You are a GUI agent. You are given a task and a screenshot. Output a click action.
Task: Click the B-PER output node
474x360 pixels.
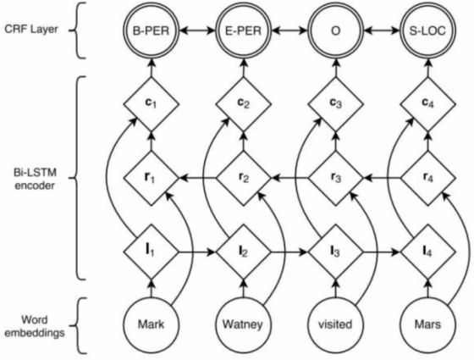pyautogui.click(x=152, y=30)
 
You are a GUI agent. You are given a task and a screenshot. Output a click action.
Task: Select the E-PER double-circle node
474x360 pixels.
pyautogui.click(x=244, y=30)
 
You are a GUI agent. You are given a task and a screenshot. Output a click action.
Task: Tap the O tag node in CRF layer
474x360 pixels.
pyautogui.click(x=335, y=30)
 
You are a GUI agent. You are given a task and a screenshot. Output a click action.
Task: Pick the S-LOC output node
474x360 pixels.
pyautogui.click(x=427, y=30)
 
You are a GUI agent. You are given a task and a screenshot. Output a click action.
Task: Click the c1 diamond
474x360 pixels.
pyautogui.click(x=152, y=104)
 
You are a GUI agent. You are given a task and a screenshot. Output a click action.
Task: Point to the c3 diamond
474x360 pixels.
pyautogui.click(x=335, y=104)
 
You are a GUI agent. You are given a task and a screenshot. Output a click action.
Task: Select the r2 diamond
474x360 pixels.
pyautogui.click(x=244, y=179)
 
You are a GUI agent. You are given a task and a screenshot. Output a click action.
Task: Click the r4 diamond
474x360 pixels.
pyautogui.click(x=427, y=179)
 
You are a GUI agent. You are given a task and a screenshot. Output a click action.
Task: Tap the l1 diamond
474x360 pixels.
pyautogui.click(x=152, y=252)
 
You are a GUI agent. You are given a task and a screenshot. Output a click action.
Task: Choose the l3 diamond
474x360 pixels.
pyautogui.click(x=335, y=252)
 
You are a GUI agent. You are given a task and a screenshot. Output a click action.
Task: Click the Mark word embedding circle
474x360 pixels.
pyautogui.click(x=152, y=324)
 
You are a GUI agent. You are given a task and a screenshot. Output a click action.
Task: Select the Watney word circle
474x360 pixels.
pyautogui.click(x=244, y=324)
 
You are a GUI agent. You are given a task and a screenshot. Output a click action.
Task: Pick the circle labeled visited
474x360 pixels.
pyautogui.click(x=335, y=324)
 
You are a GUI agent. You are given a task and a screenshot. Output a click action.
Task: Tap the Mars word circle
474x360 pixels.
pyautogui.click(x=427, y=324)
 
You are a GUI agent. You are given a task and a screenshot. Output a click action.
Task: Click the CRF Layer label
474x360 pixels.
pyautogui.click(x=31, y=30)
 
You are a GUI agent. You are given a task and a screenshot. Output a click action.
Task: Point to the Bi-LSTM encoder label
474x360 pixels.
pyautogui.click(x=35, y=179)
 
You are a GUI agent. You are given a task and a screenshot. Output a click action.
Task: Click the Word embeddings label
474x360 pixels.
pyautogui.click(x=35, y=326)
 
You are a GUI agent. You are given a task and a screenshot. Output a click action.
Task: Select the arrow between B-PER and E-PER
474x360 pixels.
pyautogui.click(x=198, y=30)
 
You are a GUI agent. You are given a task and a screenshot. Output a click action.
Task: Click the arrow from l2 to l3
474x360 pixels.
pyautogui.click(x=289, y=252)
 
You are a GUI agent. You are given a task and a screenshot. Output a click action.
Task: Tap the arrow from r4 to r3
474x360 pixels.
pyautogui.click(x=382, y=179)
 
